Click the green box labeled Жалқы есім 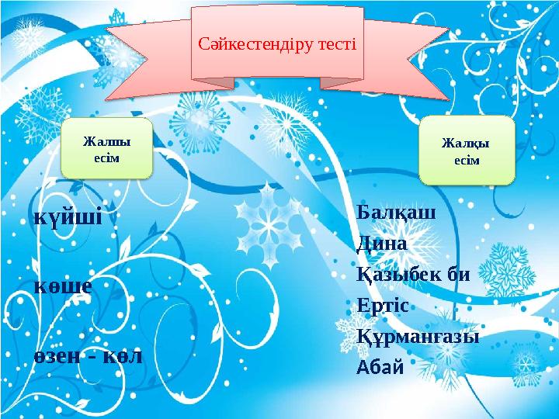[467, 151]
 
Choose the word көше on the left [64, 285]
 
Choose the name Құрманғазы [418, 337]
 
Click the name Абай [380, 366]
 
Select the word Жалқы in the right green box [467, 144]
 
